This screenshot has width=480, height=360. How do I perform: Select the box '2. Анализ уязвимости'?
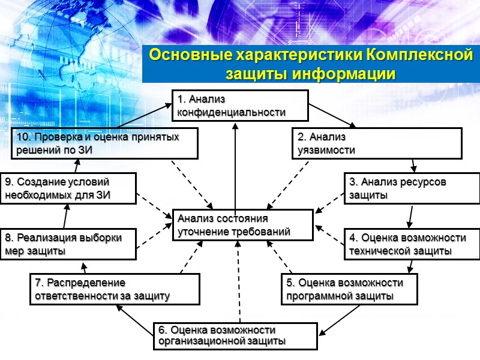tap(377, 144)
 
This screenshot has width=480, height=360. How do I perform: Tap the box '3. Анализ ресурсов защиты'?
tap(412, 188)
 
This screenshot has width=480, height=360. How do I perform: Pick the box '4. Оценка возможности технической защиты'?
tap(412, 244)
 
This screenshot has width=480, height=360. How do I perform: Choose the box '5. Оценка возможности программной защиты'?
tap(350, 289)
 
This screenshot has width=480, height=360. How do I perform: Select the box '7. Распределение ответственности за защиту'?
tap(114, 289)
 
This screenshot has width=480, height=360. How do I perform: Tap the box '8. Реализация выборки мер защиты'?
tap(68, 244)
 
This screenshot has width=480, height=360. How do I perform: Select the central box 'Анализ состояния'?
tap(242, 225)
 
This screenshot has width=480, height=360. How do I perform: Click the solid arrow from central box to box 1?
tap(235, 162)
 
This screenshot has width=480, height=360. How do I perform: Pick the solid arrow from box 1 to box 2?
tap(332, 115)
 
